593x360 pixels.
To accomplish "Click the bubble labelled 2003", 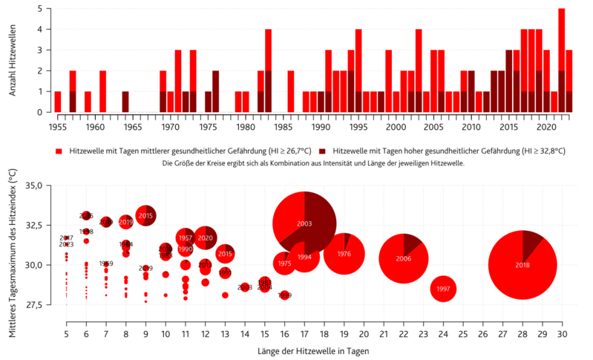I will (x=304, y=223).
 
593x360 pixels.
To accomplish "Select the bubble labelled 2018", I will (x=522, y=265).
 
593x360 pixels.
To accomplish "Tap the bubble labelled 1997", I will (x=443, y=289).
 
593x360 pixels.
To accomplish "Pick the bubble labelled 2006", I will (x=403, y=258).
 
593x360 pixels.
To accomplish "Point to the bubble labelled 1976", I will (x=344, y=254).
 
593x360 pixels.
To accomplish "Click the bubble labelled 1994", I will (x=304, y=257).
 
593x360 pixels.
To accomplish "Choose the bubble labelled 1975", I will (x=284, y=264).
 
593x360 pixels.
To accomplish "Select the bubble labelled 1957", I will (x=186, y=238).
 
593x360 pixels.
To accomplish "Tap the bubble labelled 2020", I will (x=206, y=238).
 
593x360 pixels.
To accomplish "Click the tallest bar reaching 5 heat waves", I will (x=561, y=59).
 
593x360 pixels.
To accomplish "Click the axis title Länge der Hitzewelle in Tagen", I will (x=314, y=350).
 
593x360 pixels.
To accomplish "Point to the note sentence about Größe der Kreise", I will (x=312, y=163).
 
